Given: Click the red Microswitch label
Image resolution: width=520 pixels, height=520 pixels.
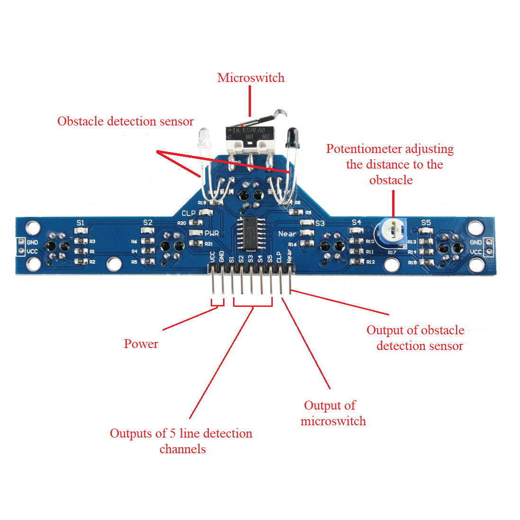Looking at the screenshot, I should pyautogui.click(x=251, y=78).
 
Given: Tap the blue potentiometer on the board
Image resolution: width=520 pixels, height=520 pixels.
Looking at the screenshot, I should pyautogui.click(x=391, y=232).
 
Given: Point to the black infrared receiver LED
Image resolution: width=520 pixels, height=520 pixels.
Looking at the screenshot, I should pyautogui.click(x=291, y=137).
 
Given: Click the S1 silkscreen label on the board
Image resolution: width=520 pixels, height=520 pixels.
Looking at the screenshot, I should pyautogui.click(x=81, y=223).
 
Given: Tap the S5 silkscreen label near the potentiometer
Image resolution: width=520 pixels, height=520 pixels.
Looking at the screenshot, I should pyautogui.click(x=426, y=223).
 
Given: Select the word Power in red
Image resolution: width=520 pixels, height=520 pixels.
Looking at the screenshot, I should pyautogui.click(x=141, y=344).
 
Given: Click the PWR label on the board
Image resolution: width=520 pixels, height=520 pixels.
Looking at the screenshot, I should pyautogui.click(x=212, y=233).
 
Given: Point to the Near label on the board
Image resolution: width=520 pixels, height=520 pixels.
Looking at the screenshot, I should pyautogui.click(x=287, y=233).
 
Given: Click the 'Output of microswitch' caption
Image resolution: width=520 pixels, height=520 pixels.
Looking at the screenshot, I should pyautogui.click(x=333, y=413).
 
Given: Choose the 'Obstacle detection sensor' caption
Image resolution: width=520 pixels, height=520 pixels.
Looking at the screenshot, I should pyautogui.click(x=126, y=121).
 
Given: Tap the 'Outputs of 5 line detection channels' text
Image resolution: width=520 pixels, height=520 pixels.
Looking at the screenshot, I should pyautogui.click(x=181, y=441).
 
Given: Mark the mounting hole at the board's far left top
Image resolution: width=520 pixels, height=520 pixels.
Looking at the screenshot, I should pyautogui.click(x=33, y=228).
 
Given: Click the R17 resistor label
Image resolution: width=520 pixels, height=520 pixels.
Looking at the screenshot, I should pyautogui.click(x=392, y=252).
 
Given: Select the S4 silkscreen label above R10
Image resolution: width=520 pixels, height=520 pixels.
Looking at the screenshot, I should pyautogui.click(x=356, y=222).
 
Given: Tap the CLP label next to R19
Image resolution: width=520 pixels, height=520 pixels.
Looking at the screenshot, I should pyautogui.click(x=188, y=213).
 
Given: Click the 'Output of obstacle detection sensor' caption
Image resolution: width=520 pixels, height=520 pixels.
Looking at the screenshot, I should pyautogui.click(x=415, y=338).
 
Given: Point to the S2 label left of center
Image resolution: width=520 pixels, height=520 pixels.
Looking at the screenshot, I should pyautogui.click(x=148, y=223).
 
